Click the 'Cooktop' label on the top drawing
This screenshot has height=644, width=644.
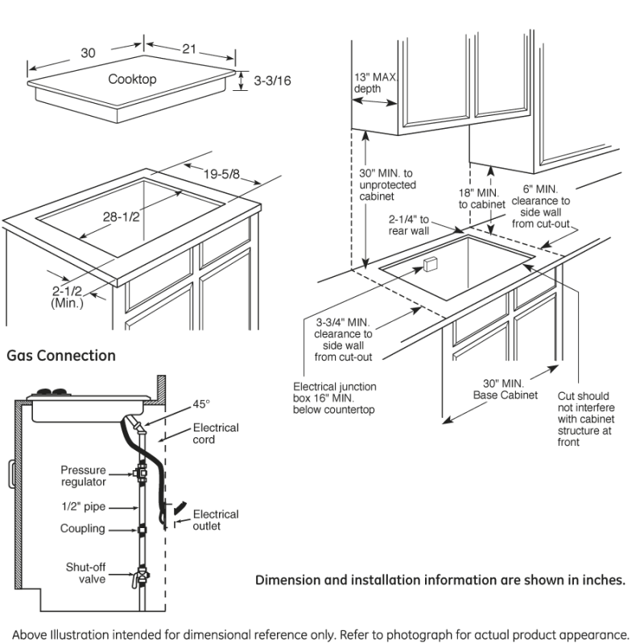click(x=132, y=79)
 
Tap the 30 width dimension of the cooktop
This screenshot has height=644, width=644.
click(x=88, y=53)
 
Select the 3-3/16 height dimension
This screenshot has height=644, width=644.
click(x=272, y=81)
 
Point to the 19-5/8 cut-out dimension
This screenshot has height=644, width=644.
click(x=221, y=172)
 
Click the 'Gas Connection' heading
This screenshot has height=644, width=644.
click(x=61, y=355)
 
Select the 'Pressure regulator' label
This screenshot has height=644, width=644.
click(x=84, y=476)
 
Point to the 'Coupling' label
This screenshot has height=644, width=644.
click(x=82, y=529)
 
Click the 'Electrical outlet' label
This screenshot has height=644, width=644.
click(x=215, y=520)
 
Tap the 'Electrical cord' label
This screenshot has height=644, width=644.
click(x=215, y=433)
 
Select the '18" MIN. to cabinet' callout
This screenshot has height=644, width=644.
click(x=481, y=199)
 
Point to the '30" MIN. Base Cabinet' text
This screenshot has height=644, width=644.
click(x=505, y=389)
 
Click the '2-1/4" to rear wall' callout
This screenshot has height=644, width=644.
click(x=409, y=225)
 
